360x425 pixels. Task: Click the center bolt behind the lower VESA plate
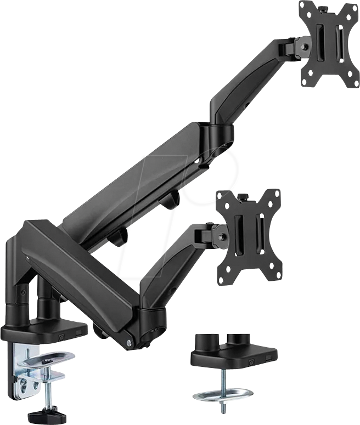click(222, 237)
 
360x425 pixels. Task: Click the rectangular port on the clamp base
click(82, 332)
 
